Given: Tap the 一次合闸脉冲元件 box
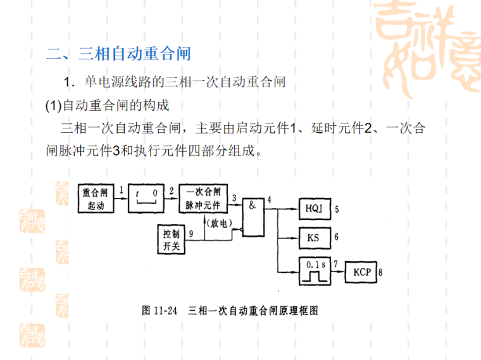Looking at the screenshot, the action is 203,199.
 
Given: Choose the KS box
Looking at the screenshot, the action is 314,238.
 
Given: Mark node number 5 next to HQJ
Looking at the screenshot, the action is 337,209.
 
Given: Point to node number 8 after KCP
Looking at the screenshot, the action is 380,273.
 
